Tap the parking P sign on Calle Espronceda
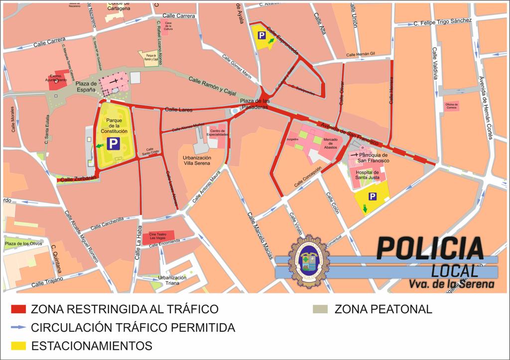point(261,35)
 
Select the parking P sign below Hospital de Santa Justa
point(372,197)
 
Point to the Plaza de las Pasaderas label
point(255,103)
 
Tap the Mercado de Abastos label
point(330,143)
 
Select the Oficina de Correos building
point(452,106)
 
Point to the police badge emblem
point(309,261)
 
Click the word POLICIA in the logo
point(430,248)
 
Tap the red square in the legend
point(18,309)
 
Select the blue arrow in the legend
point(18,328)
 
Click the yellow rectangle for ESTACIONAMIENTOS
point(18,345)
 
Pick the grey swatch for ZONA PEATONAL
point(322,309)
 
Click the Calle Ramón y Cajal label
point(212,87)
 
